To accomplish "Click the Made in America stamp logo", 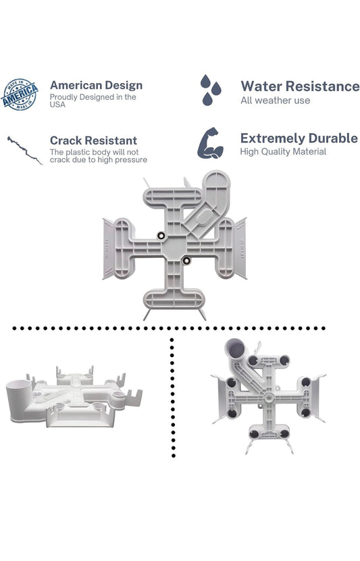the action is [x=20, y=95].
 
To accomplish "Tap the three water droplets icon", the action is [x=211, y=90].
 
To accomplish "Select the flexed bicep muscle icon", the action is [x=211, y=143].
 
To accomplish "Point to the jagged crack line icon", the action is [x=24, y=150].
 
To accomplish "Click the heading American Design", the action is [x=97, y=85].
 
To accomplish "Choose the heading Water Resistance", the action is [x=300, y=86].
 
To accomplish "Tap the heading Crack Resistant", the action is [x=93, y=140].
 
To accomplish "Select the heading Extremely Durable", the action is [x=299, y=138].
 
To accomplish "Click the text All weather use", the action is [x=275, y=101].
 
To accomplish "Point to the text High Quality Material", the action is [x=283, y=152].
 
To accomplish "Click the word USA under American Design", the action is [x=57, y=105].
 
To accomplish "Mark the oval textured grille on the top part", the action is [x=203, y=217].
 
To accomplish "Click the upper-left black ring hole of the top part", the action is [x=161, y=236].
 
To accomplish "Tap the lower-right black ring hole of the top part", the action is [x=186, y=261].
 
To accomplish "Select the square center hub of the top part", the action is [x=174, y=248].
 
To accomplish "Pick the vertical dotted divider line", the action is [x=173, y=397].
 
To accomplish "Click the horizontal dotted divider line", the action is [x=168, y=328].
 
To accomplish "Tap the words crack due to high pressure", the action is [x=99, y=160].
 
